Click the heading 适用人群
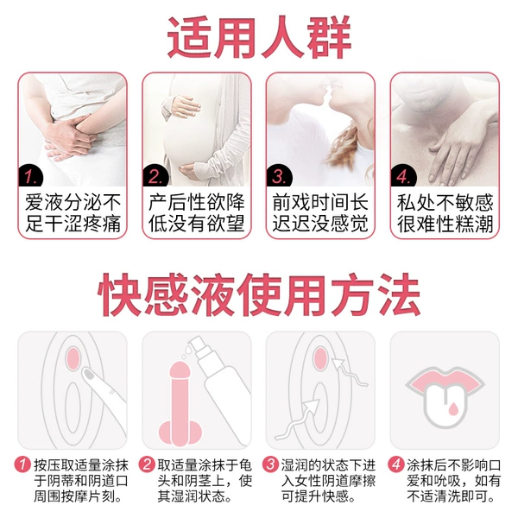(x=259, y=37)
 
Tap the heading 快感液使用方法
(x=259, y=294)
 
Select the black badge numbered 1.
(x=30, y=176)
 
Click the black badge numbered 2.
(x=155, y=176)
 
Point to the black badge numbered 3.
(x=279, y=176)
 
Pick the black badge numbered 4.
(x=403, y=176)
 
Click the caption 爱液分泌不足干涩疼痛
(x=73, y=213)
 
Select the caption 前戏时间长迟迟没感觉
(x=320, y=213)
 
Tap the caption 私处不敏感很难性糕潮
(x=445, y=213)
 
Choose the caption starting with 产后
(x=197, y=213)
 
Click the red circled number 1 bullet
(x=22, y=464)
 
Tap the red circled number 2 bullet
(x=147, y=464)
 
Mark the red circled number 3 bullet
(x=270, y=464)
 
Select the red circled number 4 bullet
(x=395, y=464)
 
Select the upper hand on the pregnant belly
(x=182, y=105)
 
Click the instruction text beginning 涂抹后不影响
(x=454, y=481)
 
